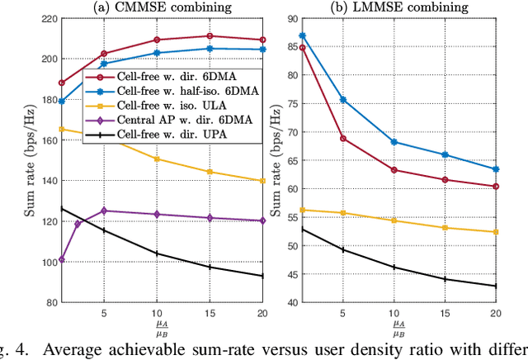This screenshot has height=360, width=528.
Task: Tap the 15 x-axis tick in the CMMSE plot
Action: [x=210, y=314]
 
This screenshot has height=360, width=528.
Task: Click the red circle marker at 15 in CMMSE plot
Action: [x=210, y=36]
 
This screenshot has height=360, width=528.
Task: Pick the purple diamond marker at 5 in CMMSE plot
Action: [x=103, y=211]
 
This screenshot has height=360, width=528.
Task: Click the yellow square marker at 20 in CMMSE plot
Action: [x=262, y=180]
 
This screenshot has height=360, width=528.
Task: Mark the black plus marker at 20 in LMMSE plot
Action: [x=495, y=286]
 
